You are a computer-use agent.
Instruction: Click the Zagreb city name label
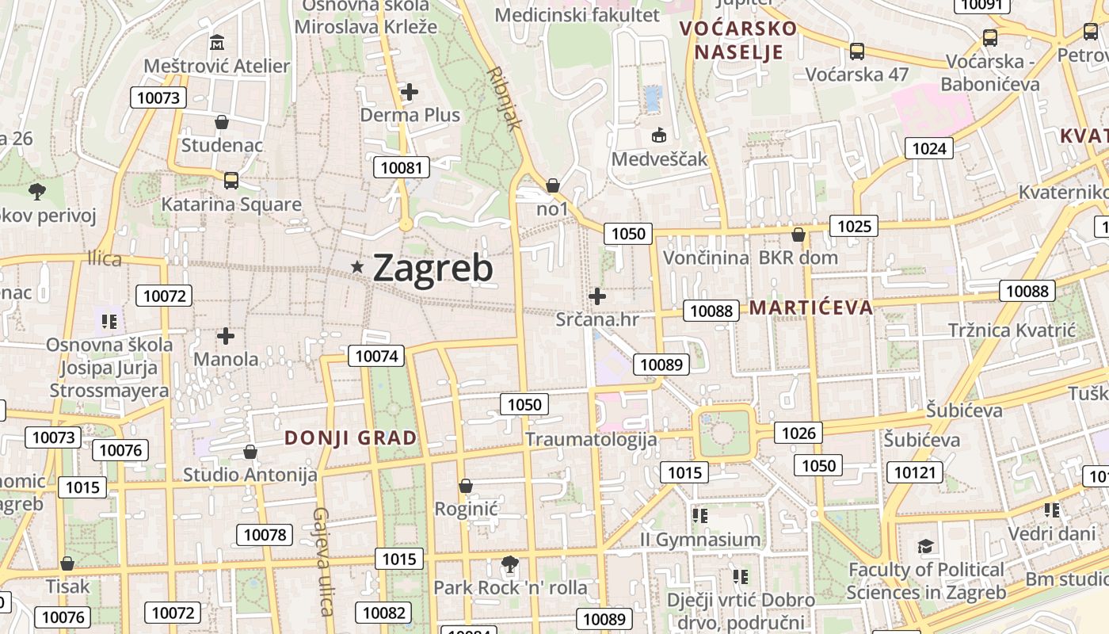click(433, 269)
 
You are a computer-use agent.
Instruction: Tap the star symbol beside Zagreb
click(358, 268)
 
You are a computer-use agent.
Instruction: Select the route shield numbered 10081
click(404, 167)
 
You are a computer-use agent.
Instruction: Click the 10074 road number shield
click(377, 356)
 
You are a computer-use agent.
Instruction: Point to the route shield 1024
click(929, 148)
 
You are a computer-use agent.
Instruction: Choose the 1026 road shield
click(798, 433)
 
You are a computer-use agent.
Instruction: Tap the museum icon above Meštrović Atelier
click(217, 41)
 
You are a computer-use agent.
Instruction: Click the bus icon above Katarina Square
click(231, 180)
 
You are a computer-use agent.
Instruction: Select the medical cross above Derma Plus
click(409, 92)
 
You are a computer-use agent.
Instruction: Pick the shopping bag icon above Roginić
click(466, 485)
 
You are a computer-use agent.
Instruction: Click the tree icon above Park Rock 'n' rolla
click(510, 564)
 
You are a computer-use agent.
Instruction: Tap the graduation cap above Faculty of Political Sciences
click(925, 546)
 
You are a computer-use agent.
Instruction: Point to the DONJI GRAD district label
click(350, 438)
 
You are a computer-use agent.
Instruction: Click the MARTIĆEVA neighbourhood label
click(811, 307)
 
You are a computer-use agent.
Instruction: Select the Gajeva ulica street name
click(322, 562)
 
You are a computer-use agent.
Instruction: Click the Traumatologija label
click(591, 439)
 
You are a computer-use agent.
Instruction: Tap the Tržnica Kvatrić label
click(1012, 330)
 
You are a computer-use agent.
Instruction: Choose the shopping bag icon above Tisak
click(67, 563)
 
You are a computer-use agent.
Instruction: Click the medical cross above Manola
click(226, 336)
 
